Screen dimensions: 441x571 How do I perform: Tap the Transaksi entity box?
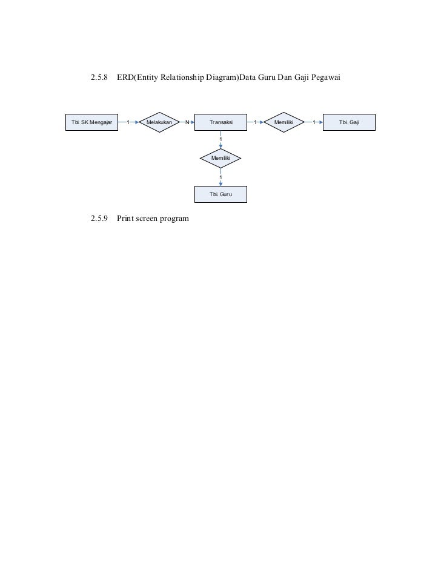220,122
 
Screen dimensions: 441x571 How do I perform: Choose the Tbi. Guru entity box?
220,194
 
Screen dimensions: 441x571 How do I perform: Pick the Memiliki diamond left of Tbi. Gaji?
284,122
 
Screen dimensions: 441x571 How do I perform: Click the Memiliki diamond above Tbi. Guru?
220,158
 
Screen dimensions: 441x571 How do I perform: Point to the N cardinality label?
187,122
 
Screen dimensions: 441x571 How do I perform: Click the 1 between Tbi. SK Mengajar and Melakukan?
128,122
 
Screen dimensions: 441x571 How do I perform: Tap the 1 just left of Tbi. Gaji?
314,122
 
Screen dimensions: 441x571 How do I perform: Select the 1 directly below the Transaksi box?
221,140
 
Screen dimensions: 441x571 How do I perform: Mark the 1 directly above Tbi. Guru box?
221,177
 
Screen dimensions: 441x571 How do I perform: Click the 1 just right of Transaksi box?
255,122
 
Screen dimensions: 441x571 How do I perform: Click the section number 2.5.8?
99,79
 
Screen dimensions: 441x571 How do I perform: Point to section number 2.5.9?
99,218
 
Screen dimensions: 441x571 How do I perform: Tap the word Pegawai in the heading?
328,79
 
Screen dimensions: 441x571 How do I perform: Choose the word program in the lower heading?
174,218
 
